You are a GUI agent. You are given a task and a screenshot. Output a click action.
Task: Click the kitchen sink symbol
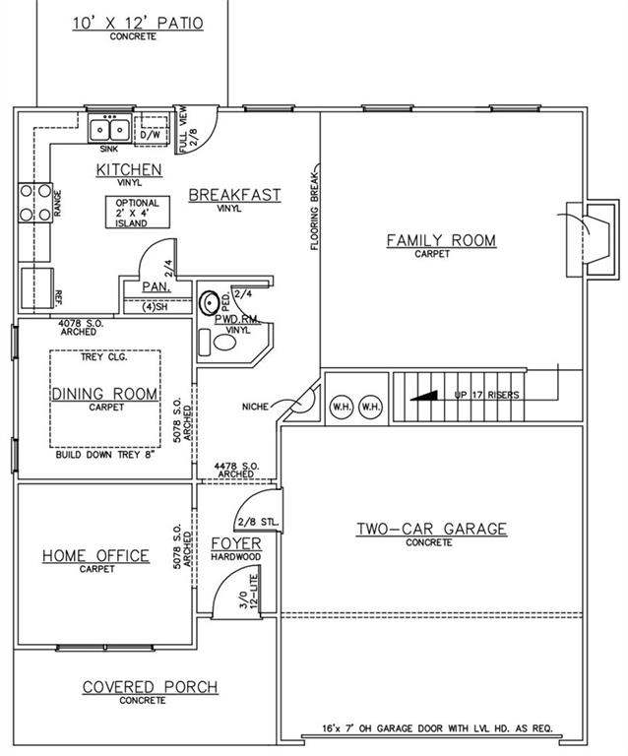point(110,128)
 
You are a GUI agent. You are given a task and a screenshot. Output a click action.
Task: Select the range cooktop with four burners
point(35,203)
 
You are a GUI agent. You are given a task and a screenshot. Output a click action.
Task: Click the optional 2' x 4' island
point(138,213)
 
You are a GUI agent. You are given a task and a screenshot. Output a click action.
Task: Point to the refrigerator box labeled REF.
point(37,287)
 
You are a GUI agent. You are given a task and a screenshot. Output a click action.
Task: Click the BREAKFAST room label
point(234,195)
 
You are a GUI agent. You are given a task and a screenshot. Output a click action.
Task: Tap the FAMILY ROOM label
point(441,240)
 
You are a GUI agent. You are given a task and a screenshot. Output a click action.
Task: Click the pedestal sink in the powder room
point(210,302)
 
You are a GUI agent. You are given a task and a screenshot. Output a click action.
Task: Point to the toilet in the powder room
point(218,343)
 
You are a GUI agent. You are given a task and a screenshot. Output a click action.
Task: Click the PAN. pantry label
point(157,286)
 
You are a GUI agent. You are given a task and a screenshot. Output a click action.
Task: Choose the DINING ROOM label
point(104,394)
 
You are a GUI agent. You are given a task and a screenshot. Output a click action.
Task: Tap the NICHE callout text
point(255,407)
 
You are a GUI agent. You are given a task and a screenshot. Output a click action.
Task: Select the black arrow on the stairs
point(423,396)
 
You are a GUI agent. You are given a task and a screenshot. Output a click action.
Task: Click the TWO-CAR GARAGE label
point(431,529)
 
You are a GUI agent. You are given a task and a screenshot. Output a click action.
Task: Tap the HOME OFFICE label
point(95,555)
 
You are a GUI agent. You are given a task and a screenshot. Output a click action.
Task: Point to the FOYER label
point(236,543)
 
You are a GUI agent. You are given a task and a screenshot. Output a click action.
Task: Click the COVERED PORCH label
point(150,686)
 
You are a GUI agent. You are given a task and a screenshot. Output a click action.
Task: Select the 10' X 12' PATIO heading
point(139,24)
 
